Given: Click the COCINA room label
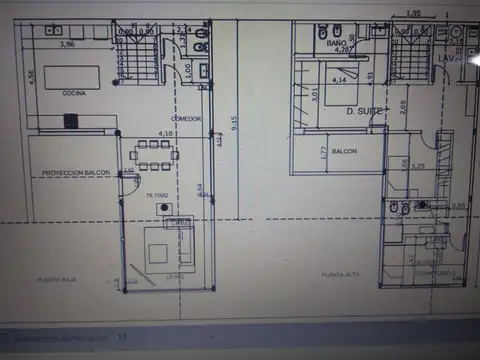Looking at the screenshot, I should (73, 93).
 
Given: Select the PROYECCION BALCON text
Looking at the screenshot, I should (75, 172).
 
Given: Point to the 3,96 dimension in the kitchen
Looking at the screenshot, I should (67, 45).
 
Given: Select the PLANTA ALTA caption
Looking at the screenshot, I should (339, 273).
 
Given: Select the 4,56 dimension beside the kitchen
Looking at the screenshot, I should (31, 77).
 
